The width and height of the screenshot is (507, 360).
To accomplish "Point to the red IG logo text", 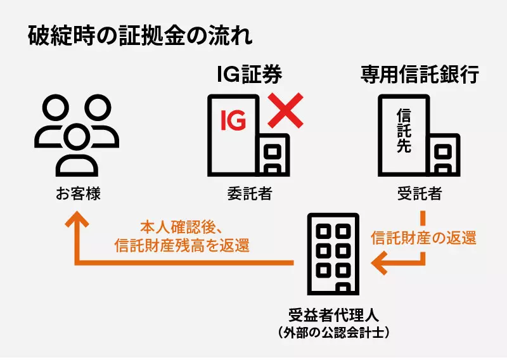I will pos(233,120).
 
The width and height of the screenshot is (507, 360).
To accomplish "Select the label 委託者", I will pos(249,194).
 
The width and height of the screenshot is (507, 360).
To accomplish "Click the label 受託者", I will pos(419,194).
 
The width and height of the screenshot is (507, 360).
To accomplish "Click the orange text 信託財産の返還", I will pos(423,238).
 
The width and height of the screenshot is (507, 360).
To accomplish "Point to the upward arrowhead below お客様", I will pos(77,219).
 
